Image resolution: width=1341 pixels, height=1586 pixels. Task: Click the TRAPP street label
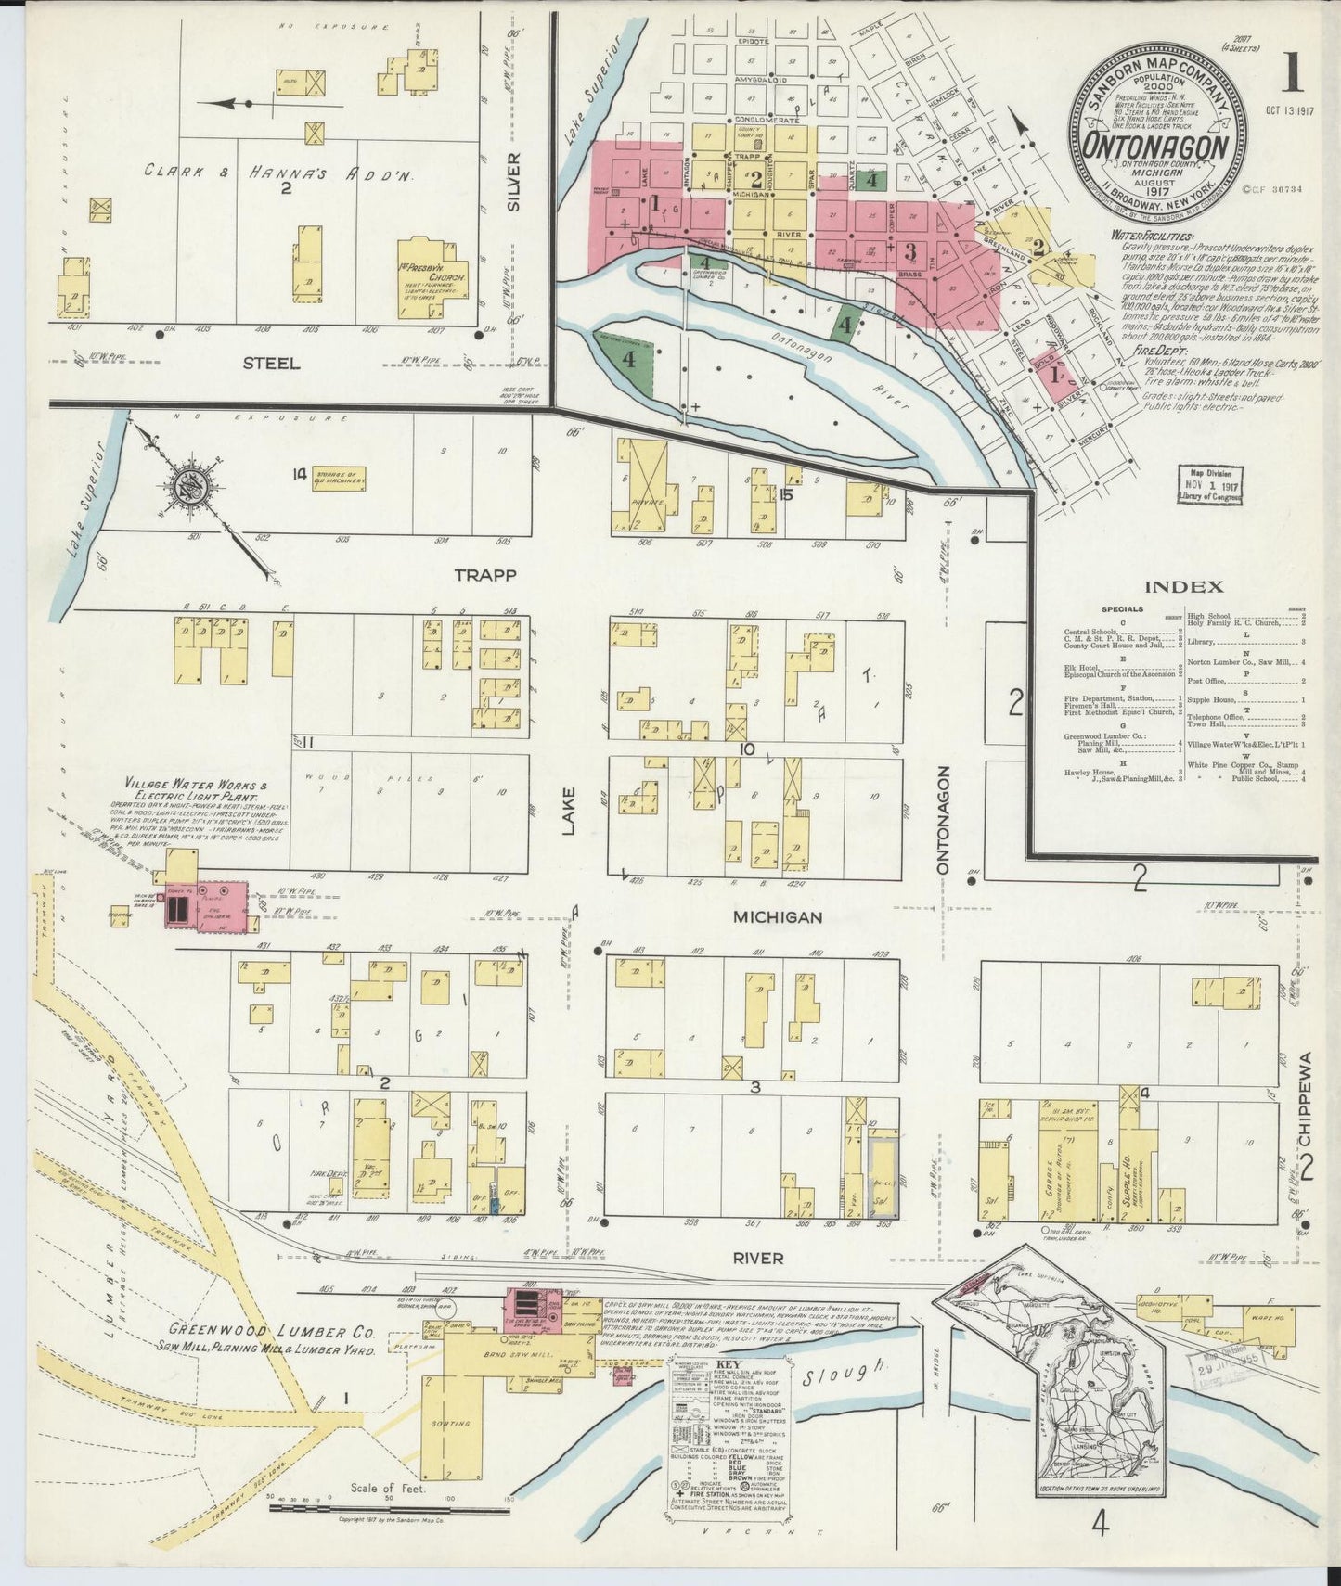pos(486,575)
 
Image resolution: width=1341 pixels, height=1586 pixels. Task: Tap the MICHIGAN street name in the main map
pos(778,917)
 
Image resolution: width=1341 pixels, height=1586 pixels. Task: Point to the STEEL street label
pos(271,364)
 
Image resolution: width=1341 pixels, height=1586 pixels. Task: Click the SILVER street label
pos(514,183)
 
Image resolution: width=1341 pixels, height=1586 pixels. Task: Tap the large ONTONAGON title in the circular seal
pos(1156,147)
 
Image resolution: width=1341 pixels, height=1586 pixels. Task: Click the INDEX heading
pos(1183,586)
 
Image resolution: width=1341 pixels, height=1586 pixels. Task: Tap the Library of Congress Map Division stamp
pos(1209,485)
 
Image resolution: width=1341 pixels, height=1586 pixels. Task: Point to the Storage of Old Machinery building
pos(339,479)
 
